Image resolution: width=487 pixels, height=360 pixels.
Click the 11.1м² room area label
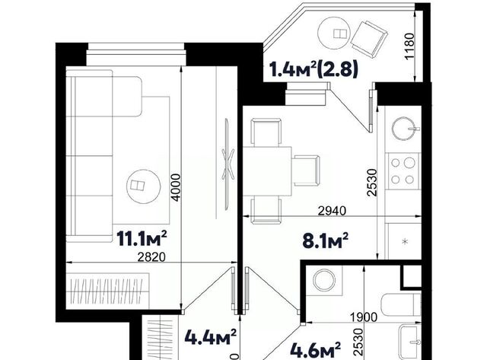tap(142, 238)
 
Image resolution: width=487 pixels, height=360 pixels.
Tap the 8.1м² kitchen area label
tap(325, 241)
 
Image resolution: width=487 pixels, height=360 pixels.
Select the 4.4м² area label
tap(211, 337)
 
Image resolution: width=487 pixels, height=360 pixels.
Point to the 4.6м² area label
tap(315, 350)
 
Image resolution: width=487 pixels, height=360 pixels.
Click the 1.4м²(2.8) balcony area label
tap(314, 68)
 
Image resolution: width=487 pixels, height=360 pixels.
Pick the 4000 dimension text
tap(176, 187)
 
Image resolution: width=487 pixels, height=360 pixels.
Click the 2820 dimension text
tap(152, 257)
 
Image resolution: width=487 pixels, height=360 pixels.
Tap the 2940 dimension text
tap(332, 211)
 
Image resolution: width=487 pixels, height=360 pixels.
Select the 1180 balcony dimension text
tap(409, 46)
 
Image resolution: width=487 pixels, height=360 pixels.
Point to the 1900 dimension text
tap(364, 317)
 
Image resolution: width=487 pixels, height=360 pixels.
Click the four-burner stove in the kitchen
tap(403, 171)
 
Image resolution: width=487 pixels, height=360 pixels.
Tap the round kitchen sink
tap(403, 128)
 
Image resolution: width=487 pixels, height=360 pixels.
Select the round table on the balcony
tap(334, 33)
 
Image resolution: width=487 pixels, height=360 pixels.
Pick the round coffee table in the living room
tap(144, 186)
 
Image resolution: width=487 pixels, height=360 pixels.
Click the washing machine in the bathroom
tap(324, 279)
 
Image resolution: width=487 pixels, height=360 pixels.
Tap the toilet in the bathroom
tap(400, 304)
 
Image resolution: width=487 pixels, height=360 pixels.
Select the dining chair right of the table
tap(306, 170)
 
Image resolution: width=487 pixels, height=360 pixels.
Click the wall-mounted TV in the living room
tap(228, 164)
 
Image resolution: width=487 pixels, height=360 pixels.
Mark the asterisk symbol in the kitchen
tap(405, 241)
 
